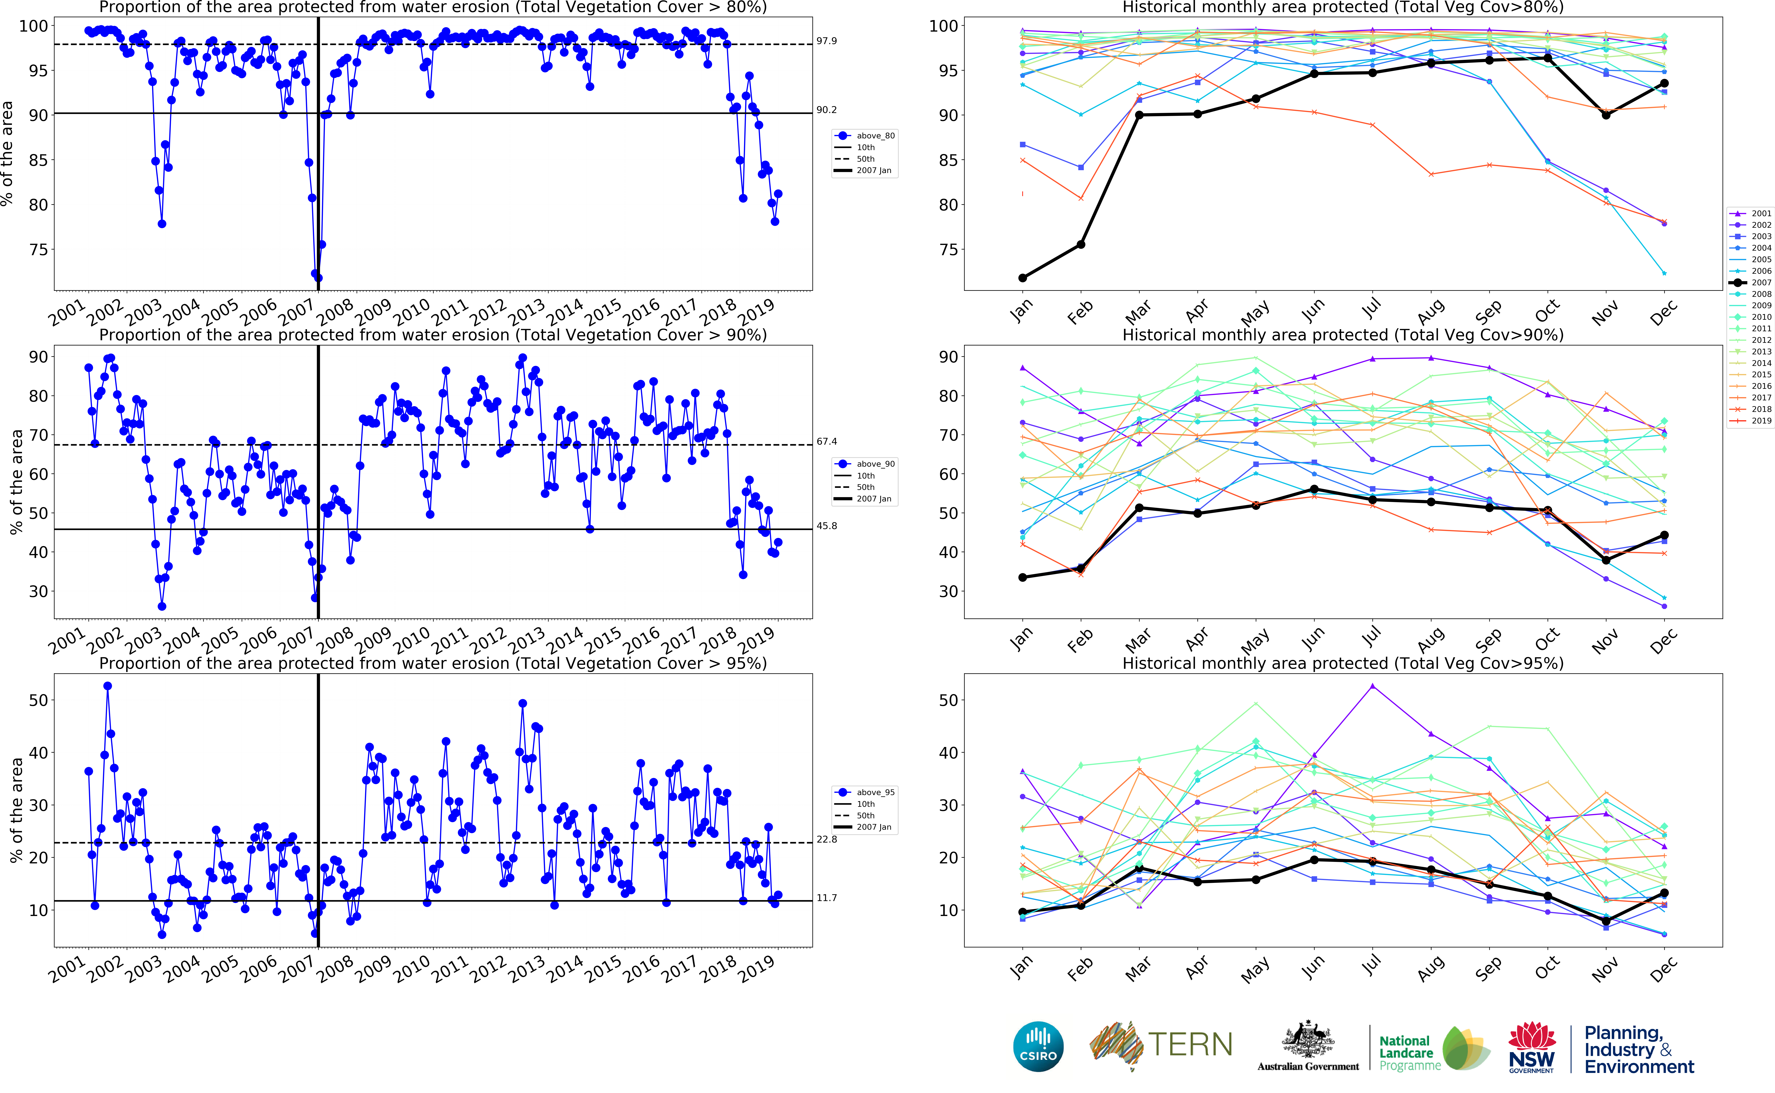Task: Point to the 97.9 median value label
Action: click(x=826, y=41)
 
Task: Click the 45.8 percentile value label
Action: click(x=826, y=526)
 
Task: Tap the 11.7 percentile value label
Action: click(x=826, y=898)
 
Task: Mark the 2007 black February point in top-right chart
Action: click(x=1081, y=244)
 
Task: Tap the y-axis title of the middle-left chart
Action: click(x=16, y=482)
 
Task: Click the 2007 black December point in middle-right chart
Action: click(x=1664, y=536)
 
